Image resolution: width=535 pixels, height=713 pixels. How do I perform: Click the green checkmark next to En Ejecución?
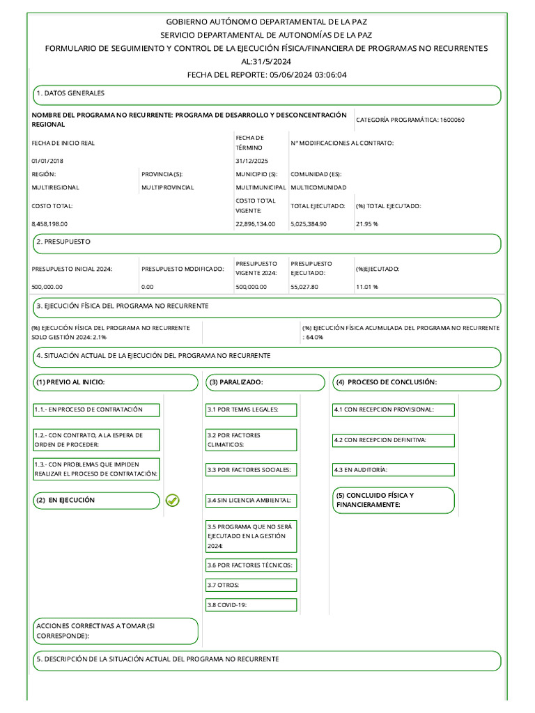(173, 500)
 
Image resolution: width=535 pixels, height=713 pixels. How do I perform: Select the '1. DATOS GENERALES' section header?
(267, 95)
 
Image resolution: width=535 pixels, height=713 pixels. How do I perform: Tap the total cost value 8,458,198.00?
(51, 224)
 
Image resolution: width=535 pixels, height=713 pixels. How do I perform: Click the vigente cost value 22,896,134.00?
(256, 224)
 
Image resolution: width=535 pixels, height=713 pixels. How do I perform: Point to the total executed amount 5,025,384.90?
(309, 224)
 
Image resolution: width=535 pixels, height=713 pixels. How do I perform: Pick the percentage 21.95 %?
(366, 224)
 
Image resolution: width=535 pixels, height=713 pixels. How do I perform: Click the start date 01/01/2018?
(47, 161)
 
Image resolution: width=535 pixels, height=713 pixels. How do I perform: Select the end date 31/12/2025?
(251, 161)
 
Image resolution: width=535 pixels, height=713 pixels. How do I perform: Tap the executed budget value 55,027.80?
(304, 286)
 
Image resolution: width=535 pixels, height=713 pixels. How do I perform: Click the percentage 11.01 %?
(366, 286)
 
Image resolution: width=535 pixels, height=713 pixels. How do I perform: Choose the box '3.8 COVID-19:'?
(251, 605)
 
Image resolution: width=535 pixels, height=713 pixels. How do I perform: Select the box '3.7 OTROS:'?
(251, 585)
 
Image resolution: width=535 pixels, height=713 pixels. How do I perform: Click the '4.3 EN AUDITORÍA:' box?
(394, 470)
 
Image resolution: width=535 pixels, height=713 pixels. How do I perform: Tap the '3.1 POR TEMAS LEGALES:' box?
(251, 409)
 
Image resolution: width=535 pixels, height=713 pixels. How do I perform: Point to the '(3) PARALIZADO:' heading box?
(265, 382)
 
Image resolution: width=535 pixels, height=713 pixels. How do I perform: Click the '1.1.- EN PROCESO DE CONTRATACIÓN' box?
(96, 409)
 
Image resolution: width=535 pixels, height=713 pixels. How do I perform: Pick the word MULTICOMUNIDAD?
(318, 187)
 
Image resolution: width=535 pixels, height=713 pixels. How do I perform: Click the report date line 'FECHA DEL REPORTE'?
(267, 75)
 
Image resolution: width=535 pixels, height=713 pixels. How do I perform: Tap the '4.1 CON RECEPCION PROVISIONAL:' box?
(394, 409)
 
